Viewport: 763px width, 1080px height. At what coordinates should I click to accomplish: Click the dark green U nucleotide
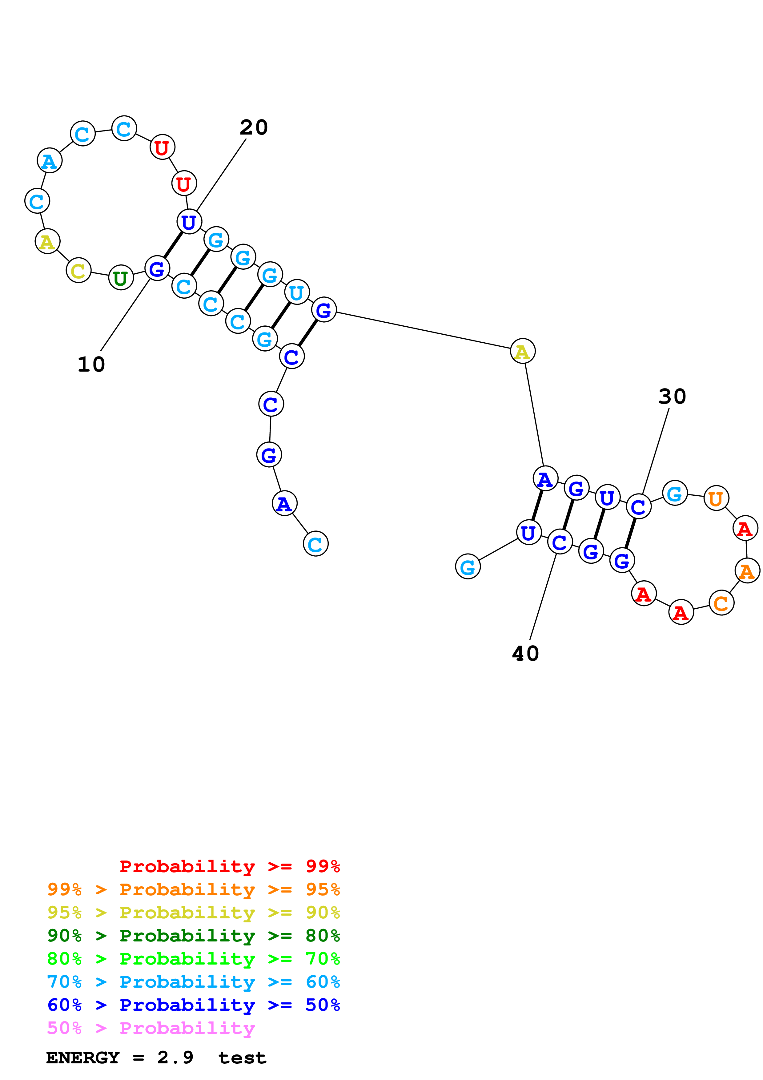121,278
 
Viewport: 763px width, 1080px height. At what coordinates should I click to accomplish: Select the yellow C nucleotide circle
78,271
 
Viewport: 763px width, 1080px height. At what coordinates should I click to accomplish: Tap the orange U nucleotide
716,498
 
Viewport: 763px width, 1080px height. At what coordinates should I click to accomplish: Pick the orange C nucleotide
721,603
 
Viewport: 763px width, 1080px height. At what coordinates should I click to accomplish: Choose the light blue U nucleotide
297,292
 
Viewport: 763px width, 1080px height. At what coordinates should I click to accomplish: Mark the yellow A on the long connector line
522,351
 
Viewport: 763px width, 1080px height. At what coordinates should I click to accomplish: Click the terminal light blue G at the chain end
468,567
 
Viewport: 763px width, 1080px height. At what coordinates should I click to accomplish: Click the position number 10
91,365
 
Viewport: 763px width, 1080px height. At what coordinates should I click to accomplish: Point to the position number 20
254,127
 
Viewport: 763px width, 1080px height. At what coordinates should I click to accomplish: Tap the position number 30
672,397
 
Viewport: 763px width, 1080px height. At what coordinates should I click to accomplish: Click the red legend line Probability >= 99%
229,866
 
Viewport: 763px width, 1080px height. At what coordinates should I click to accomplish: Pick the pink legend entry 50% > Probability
151,1028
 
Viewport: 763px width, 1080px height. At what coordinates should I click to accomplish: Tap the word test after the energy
242,1058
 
